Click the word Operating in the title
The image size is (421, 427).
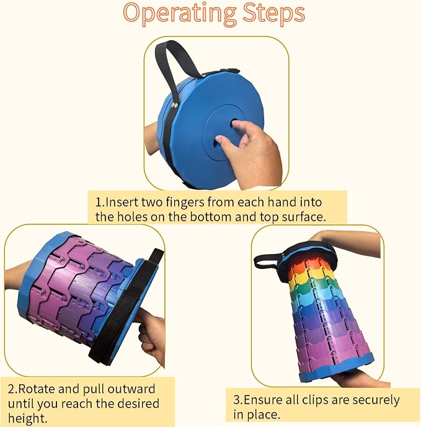click(x=179, y=14)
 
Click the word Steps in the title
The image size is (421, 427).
click(x=273, y=14)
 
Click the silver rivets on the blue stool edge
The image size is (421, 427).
click(x=174, y=105)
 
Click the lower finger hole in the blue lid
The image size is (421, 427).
click(x=217, y=141)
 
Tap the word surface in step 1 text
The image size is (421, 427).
click(x=304, y=217)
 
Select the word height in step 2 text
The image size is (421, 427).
click(x=27, y=418)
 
